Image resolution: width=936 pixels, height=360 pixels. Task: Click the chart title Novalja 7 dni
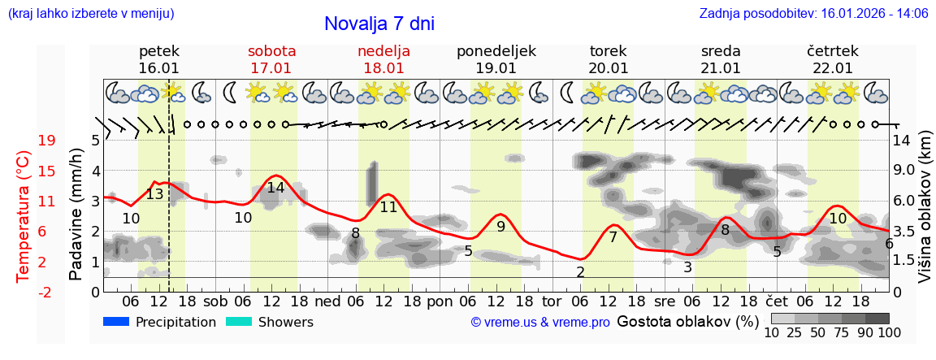click(x=379, y=24)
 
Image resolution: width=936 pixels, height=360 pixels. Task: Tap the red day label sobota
click(x=271, y=50)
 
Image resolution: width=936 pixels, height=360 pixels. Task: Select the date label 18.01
click(x=383, y=68)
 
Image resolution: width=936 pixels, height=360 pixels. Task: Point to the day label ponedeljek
click(x=496, y=50)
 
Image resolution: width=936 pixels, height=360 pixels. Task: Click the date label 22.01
click(x=832, y=68)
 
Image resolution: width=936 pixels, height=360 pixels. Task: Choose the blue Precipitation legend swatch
click(x=117, y=322)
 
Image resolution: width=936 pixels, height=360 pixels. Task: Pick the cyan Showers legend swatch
click(x=239, y=322)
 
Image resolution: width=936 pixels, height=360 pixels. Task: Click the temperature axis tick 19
click(x=46, y=141)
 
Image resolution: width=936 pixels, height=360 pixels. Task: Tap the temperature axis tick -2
click(x=46, y=292)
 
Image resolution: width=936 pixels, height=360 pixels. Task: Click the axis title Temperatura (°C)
click(x=24, y=215)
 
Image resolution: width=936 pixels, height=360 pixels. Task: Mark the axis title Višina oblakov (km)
click(x=925, y=215)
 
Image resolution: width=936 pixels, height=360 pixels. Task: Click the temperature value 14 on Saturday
click(x=275, y=188)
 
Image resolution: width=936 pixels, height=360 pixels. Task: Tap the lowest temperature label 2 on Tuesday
click(x=580, y=271)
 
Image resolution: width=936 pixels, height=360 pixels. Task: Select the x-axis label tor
click(x=552, y=301)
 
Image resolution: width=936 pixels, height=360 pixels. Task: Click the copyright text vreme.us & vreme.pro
click(x=540, y=323)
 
